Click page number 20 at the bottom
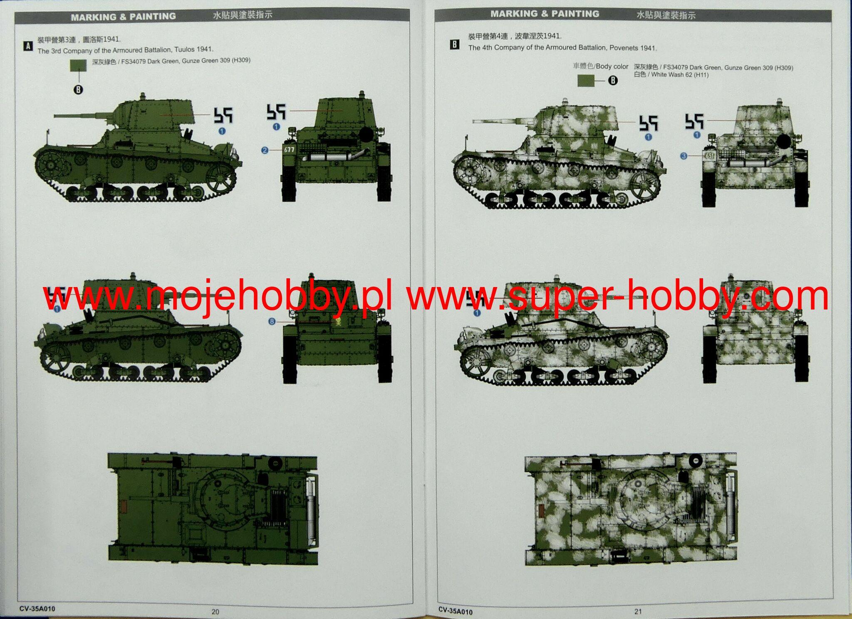pos(215,612)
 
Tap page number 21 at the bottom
pos(638,611)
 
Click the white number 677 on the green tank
pos(289,149)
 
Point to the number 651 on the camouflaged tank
pos(709,156)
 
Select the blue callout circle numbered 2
pos(265,150)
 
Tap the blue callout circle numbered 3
pos(684,156)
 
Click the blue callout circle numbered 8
pos(272,322)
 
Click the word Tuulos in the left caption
pos(184,50)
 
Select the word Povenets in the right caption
pos(624,48)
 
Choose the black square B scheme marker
pos(455,45)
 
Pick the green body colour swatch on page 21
pos(586,81)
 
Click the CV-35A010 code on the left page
pos(37,609)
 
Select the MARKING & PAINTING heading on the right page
pos(545,14)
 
